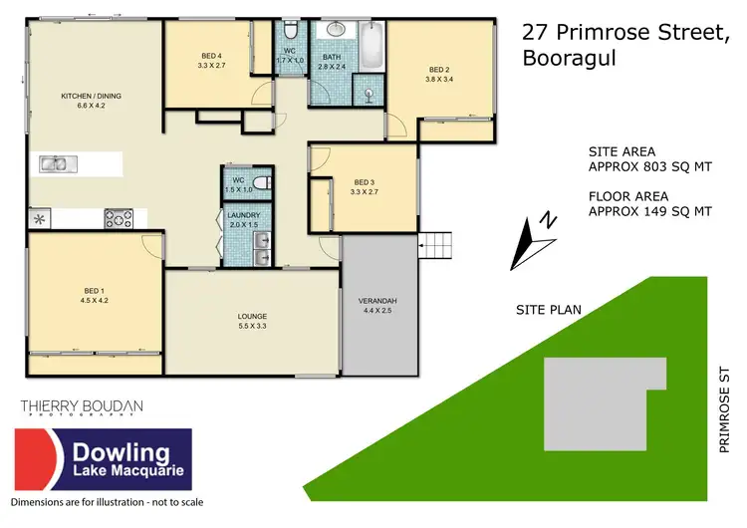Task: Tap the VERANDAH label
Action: (377, 305)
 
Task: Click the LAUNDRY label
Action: (243, 215)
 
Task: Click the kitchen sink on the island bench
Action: (54, 163)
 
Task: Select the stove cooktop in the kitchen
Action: (119, 217)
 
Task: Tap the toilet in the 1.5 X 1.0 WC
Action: (261, 183)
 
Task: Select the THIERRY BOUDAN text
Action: (82, 407)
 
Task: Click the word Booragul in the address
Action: (570, 58)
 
